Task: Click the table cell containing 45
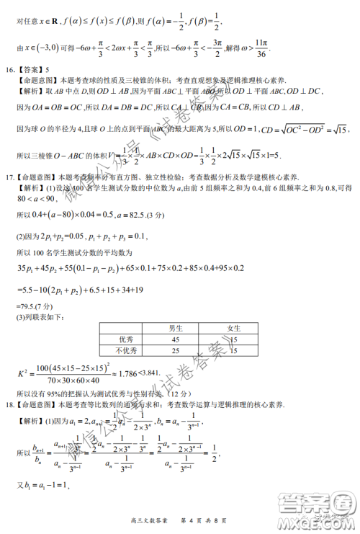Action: (175, 339)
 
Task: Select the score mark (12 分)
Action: (179, 393)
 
